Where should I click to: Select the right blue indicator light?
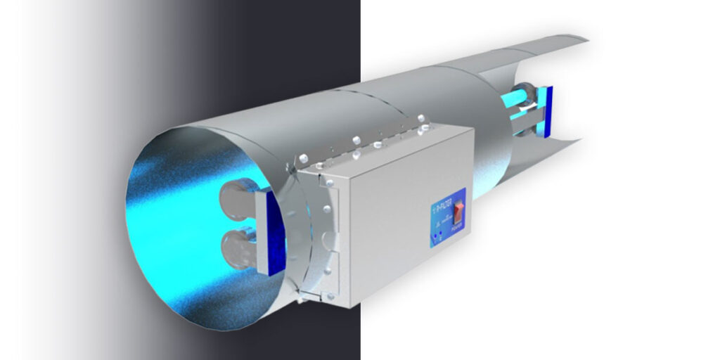(x=442, y=237)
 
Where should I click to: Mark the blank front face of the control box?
(x=380, y=232)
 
